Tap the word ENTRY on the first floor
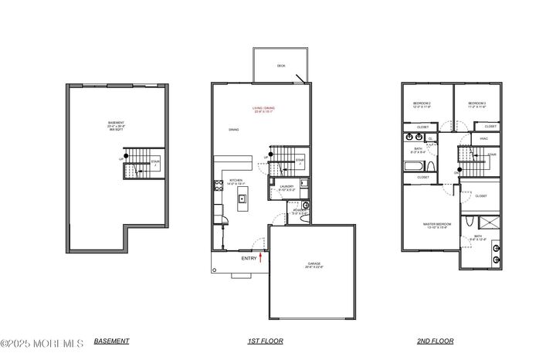pyautogui.click(x=249, y=258)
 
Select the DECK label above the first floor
pyautogui.click(x=281, y=66)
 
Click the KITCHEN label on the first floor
pyautogui.click(x=236, y=181)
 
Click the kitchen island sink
pyautogui.click(x=242, y=199)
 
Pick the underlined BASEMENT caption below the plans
pyautogui.click(x=111, y=341)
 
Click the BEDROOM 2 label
pyautogui.click(x=421, y=103)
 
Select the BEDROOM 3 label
pyautogui.click(x=476, y=103)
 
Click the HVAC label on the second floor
pyautogui.click(x=483, y=138)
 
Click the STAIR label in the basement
pyautogui.click(x=154, y=162)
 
